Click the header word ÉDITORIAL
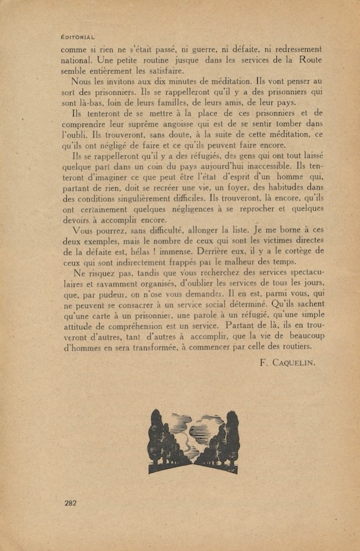pyautogui.click(x=78, y=38)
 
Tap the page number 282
pyautogui.click(x=71, y=503)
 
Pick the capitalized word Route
pyautogui.click(x=310, y=60)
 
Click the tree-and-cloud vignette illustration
pyautogui.click(x=193, y=441)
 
